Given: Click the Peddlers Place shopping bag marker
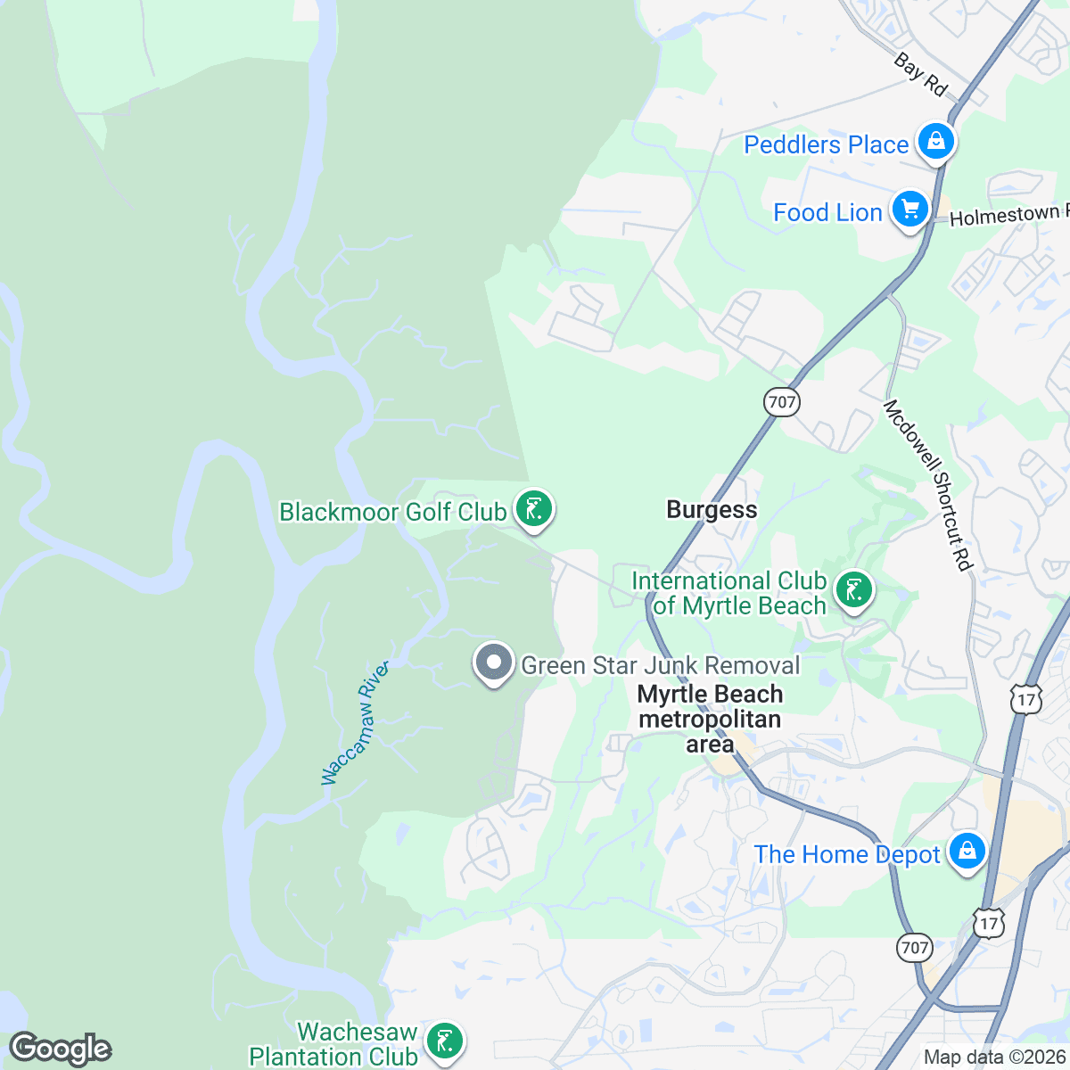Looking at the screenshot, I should pyautogui.click(x=935, y=142).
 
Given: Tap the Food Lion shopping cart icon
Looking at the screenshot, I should pyautogui.click(x=909, y=210).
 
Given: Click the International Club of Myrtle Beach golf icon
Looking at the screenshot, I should pyautogui.click(x=853, y=590).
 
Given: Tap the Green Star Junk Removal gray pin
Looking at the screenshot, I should pyautogui.click(x=494, y=663).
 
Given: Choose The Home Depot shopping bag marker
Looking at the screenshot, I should pyautogui.click(x=967, y=852).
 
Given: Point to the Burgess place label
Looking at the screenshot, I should pyautogui.click(x=712, y=510).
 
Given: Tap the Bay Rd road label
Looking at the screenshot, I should pyautogui.click(x=920, y=75).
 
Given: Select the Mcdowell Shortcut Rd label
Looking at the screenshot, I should pyautogui.click(x=927, y=484).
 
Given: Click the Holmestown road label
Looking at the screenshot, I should pyautogui.click(x=1008, y=216).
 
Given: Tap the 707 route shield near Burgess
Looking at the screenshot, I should pyautogui.click(x=781, y=401).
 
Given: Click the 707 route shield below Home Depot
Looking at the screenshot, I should pyautogui.click(x=915, y=948).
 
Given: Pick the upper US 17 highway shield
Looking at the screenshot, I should pyautogui.click(x=1026, y=700).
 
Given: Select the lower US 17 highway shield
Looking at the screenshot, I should pyautogui.click(x=989, y=924).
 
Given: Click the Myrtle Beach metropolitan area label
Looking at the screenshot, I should pyautogui.click(x=710, y=719).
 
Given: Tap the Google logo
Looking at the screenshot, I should pyautogui.click(x=61, y=1049).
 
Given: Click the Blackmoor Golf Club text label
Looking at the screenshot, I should pyautogui.click(x=393, y=512).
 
